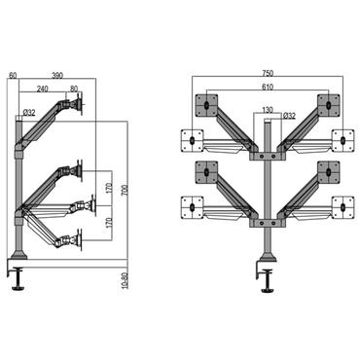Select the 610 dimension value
click(x=268, y=88)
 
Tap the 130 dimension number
click(x=267, y=110)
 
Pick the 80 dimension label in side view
click(x=74, y=88)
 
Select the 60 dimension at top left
click(x=12, y=76)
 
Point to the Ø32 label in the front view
click(x=289, y=117)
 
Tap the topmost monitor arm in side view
click(x=58, y=112)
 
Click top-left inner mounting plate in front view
click(x=207, y=104)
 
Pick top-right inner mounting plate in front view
click(x=328, y=104)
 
